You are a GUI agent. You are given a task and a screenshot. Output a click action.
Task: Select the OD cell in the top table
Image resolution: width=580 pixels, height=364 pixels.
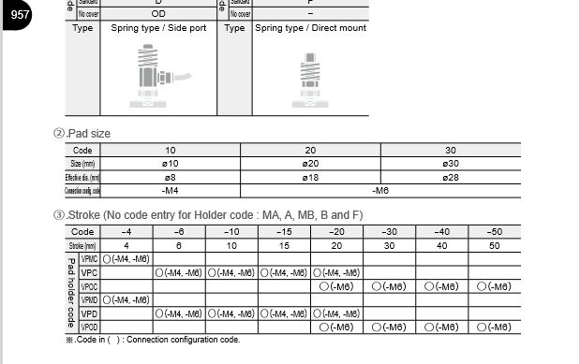tap(157, 14)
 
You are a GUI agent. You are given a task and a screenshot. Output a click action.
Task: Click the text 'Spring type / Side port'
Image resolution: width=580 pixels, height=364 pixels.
tap(158, 28)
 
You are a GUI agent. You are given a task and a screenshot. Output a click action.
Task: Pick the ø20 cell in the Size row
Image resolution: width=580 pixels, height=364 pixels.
tap(310, 163)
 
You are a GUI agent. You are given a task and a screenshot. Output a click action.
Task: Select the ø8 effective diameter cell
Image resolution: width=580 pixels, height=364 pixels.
tap(171, 177)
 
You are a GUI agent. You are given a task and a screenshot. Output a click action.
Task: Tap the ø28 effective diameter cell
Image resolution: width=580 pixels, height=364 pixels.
tap(450, 177)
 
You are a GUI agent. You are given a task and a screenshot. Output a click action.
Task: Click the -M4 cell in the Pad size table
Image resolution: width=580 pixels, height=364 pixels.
tap(171, 190)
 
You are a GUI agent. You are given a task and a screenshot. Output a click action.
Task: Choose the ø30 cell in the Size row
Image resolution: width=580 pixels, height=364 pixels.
tap(450, 163)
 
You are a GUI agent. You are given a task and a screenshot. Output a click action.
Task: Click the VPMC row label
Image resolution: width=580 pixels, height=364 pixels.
tap(90, 258)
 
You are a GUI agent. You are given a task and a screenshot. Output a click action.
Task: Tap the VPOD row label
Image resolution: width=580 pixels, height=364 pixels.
tap(90, 328)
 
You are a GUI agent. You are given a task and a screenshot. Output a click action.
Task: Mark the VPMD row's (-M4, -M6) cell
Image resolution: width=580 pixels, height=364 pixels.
tap(126, 299)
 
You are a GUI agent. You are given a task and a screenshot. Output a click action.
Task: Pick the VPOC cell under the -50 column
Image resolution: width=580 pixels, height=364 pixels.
tap(493, 286)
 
